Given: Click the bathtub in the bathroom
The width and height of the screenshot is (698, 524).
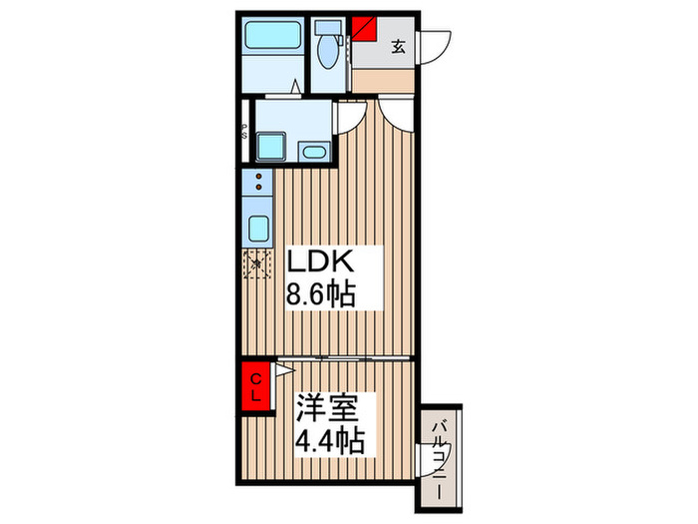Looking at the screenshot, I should click(274, 41).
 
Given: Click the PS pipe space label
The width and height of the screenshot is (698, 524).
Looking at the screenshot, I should click(245, 130).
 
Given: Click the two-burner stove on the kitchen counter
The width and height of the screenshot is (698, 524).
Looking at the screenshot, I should click(258, 184).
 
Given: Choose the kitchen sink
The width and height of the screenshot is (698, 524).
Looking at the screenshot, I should click(258, 229).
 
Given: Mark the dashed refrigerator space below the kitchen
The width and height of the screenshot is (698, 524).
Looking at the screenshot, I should click(258, 263).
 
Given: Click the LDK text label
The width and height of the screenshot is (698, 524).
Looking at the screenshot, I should click(319, 262).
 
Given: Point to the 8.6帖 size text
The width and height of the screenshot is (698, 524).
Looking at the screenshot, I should click(321, 295).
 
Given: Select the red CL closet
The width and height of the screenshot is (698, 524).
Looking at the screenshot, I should click(256, 384).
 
